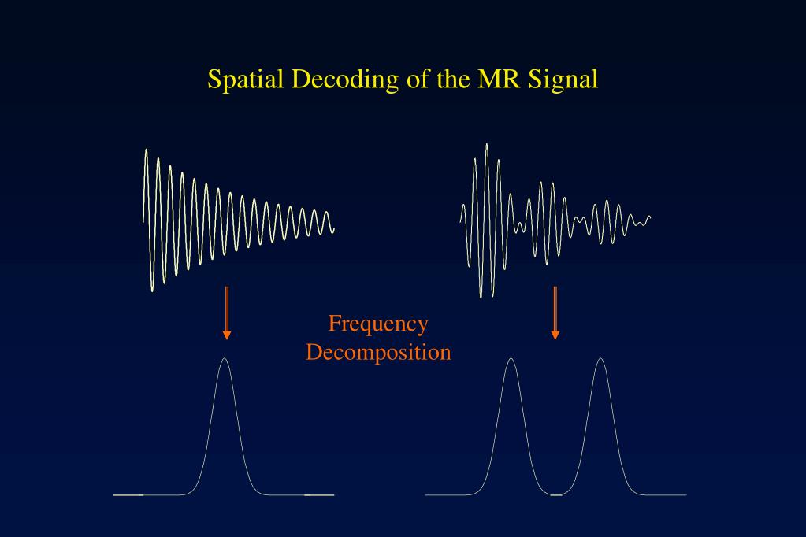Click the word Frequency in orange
coord(378,324)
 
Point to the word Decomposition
coord(378,351)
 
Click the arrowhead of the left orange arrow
coord(227,335)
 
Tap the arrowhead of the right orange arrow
coord(555,335)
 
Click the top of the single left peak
coord(225,359)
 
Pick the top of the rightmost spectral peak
coord(600,359)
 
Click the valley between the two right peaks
coord(556,494)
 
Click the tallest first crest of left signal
coord(147,150)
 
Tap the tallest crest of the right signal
coord(487,144)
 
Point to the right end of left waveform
coord(334,230)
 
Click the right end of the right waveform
coord(651,215)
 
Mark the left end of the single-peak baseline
coord(115,494)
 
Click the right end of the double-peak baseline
coord(685,494)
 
